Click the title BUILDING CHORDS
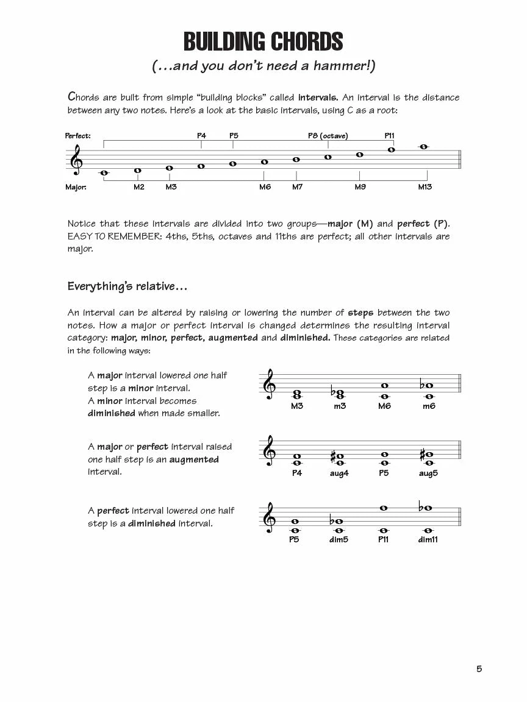tap(263, 42)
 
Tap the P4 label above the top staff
tap(201, 136)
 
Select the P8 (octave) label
tap(328, 136)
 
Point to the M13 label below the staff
tap(425, 187)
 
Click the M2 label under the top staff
tap(139, 187)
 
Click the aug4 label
tap(339, 473)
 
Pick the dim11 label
tap(428, 539)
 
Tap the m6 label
tap(429, 406)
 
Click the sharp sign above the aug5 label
tap(421, 455)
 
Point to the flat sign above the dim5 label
tap(331, 522)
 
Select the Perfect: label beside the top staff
tap(78, 136)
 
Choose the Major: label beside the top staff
tap(76, 187)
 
